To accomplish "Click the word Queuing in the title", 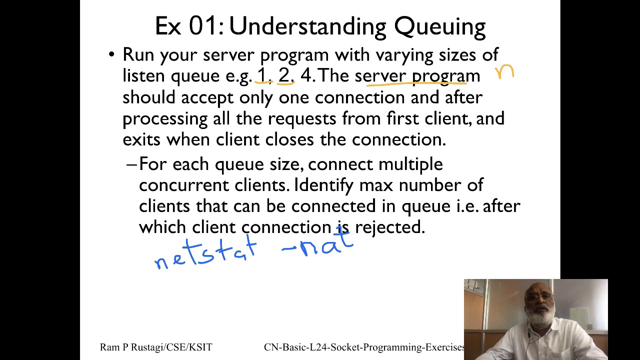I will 439,26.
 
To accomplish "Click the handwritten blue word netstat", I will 205,252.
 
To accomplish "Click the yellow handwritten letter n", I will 504,72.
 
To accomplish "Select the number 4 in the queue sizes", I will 306,75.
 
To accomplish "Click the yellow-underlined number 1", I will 261,75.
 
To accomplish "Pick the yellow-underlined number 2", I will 284,75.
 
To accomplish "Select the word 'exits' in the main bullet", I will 141,139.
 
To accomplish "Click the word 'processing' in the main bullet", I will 164,119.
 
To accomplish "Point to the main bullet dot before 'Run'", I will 111,54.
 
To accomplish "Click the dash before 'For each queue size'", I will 131,164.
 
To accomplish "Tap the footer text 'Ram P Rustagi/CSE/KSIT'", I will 156,347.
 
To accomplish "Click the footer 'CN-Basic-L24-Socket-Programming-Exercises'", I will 364,347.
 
